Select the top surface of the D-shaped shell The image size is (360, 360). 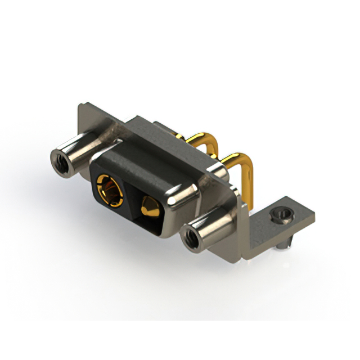pos(152,160)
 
